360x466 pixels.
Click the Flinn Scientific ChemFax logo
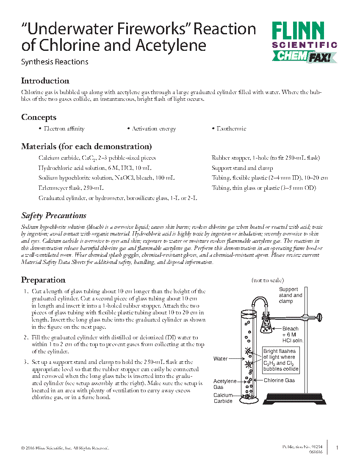[304, 42]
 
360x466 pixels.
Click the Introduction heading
[45, 81]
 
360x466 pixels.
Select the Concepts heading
[39, 117]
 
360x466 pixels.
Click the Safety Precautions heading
[54, 216]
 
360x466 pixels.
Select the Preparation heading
[43, 280]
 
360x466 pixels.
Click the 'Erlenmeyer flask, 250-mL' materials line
[71, 188]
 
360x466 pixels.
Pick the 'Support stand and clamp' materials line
[242, 168]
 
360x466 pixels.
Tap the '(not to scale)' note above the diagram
[268, 280]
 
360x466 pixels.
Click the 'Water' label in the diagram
[220, 359]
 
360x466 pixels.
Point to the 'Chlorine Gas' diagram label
[279, 380]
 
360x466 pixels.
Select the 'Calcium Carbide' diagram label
[223, 398]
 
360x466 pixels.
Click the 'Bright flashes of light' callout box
[281, 360]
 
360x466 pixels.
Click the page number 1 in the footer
[337, 448]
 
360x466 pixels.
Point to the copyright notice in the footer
[65, 448]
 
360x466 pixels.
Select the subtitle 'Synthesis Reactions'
[55, 62]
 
